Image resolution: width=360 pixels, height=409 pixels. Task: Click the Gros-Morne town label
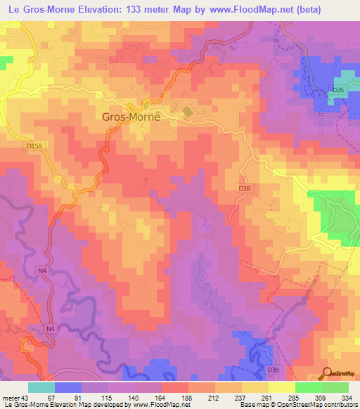(131, 117)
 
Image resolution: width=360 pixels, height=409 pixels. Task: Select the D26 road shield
(339, 90)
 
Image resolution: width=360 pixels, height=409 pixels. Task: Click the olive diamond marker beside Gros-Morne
(188, 111)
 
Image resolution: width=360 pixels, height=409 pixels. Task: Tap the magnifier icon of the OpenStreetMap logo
(327, 372)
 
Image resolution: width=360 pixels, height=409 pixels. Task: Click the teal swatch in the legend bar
(41, 387)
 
